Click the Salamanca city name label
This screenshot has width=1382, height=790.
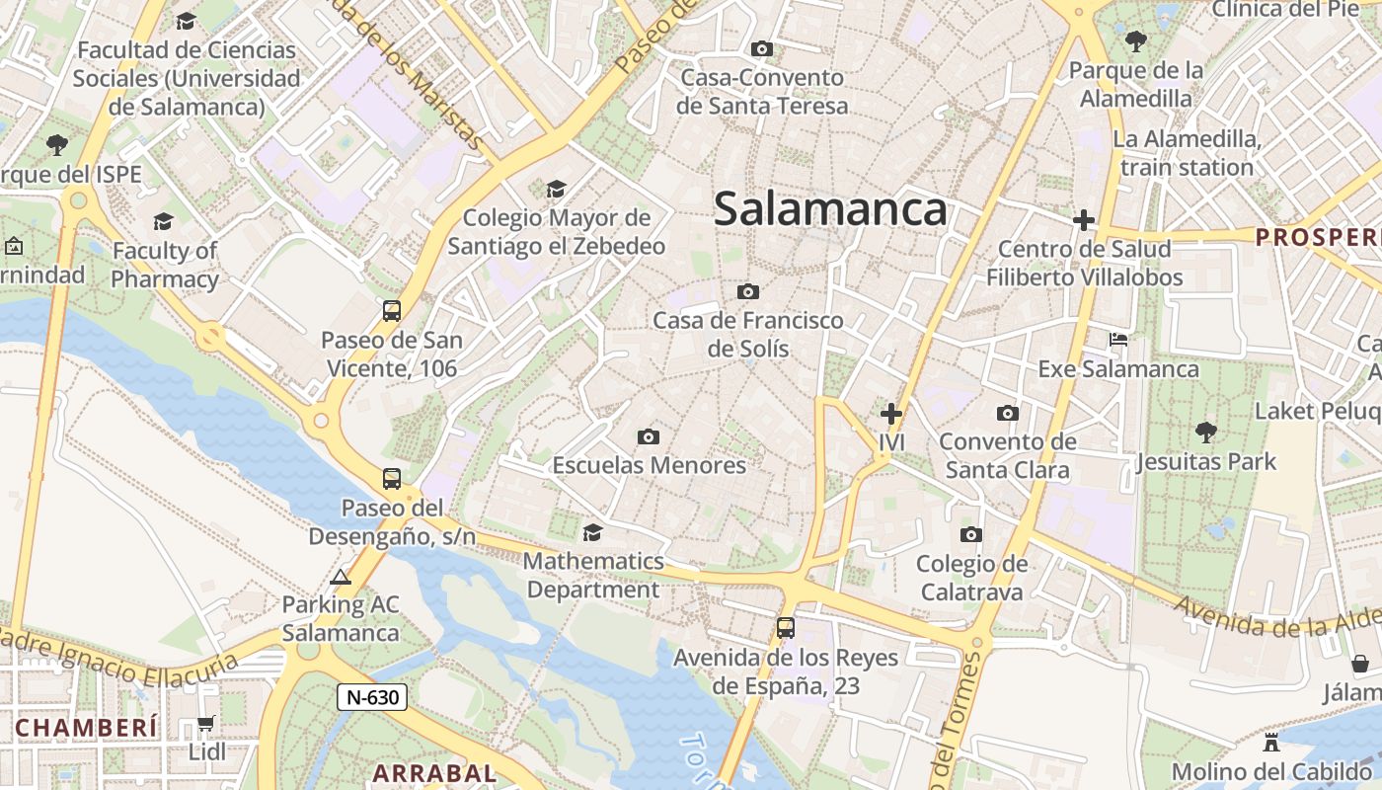pyautogui.click(x=830, y=209)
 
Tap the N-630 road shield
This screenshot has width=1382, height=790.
pyautogui.click(x=372, y=697)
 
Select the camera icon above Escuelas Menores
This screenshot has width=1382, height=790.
pyautogui.click(x=649, y=436)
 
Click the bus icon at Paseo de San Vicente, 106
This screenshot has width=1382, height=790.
pyautogui.click(x=392, y=311)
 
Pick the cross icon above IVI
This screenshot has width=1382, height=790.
pyautogui.click(x=891, y=414)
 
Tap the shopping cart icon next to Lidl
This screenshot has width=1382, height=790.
pyautogui.click(x=205, y=724)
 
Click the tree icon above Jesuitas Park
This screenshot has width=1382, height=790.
pyautogui.click(x=1205, y=432)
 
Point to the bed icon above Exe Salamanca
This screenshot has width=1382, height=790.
pyautogui.click(x=1118, y=340)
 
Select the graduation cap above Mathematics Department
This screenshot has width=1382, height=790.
pyautogui.click(x=592, y=533)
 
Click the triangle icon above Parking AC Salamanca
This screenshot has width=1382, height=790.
pyautogui.click(x=341, y=577)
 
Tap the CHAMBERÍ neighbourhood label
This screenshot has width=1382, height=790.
pyautogui.click(x=87, y=729)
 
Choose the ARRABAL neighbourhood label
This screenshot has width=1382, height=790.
pyautogui.click(x=434, y=773)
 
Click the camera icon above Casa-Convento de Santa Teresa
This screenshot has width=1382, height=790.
pyautogui.click(x=761, y=48)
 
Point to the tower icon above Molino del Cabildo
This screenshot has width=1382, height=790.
pyautogui.click(x=1271, y=742)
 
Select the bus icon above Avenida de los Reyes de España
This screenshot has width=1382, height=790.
pyautogui.click(x=786, y=627)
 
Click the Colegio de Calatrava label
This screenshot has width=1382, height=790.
pyautogui.click(x=971, y=578)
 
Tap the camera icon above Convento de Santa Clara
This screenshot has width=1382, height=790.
pyautogui.click(x=1007, y=413)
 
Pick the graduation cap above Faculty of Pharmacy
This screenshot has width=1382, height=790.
pyautogui.click(x=163, y=221)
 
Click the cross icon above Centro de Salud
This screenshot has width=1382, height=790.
pyautogui.click(x=1084, y=219)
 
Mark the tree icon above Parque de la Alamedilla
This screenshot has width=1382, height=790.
pyautogui.click(x=1136, y=41)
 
